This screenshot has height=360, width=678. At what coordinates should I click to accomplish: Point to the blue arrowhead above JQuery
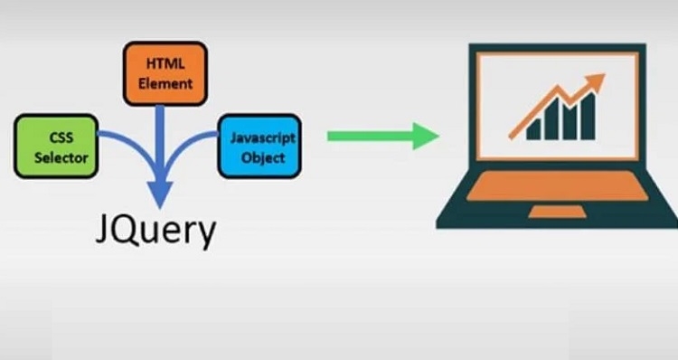pyautogui.click(x=160, y=195)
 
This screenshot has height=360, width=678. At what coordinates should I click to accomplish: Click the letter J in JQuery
pyautogui.click(x=104, y=232)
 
